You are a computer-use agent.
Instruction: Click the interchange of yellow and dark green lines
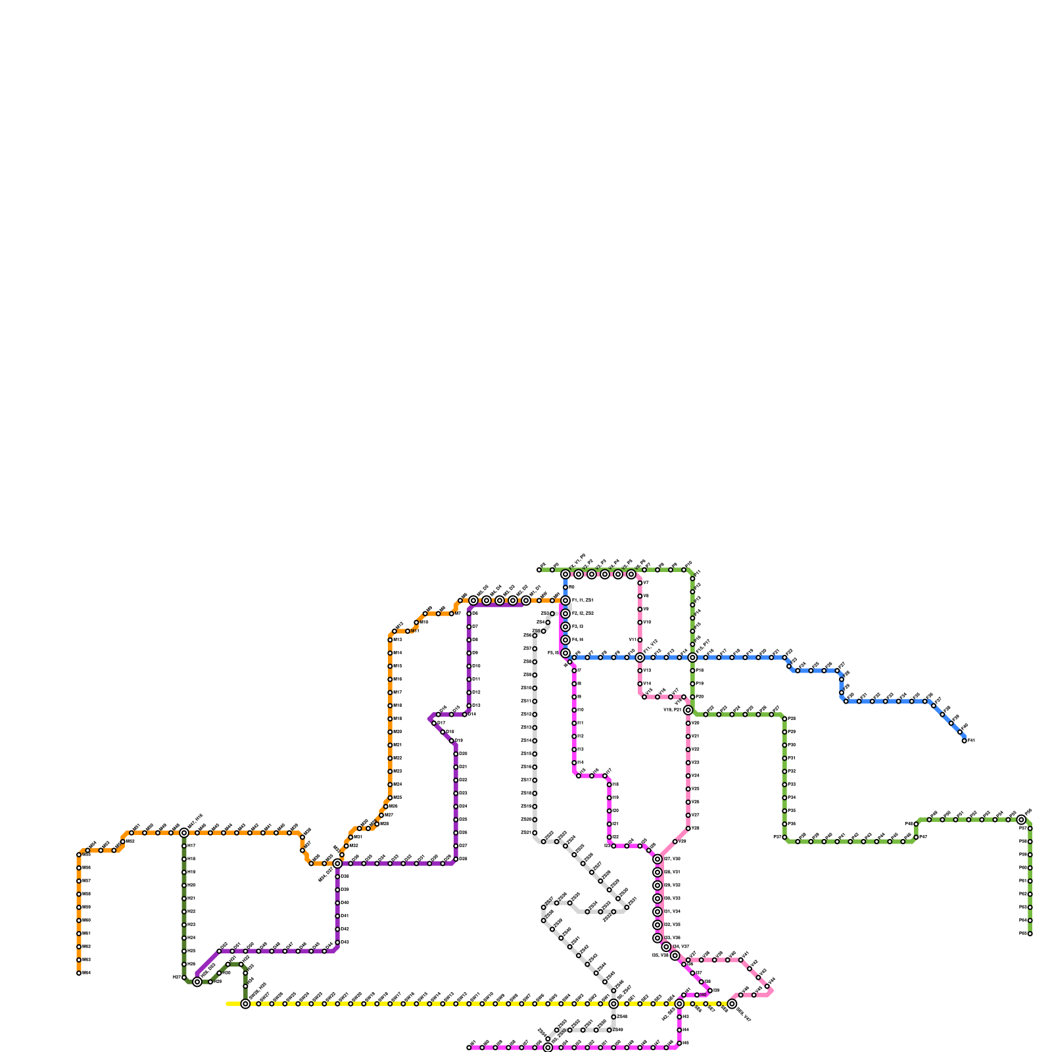[x=245, y=1004]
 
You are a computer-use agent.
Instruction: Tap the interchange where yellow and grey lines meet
[x=613, y=1004]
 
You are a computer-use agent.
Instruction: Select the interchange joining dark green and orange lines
[x=184, y=833]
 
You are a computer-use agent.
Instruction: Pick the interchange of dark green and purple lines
[x=197, y=982]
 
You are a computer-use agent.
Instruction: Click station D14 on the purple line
[x=465, y=715]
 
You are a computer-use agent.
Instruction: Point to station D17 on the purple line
[x=434, y=723]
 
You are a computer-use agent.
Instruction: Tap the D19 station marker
[x=452, y=741]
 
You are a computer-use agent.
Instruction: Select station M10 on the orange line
[x=416, y=623]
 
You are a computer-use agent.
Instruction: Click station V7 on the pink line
[x=640, y=583]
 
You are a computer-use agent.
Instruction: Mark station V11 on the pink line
[x=640, y=640]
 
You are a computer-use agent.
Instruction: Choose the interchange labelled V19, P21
[x=688, y=710]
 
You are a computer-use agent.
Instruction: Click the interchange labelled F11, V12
[x=640, y=657]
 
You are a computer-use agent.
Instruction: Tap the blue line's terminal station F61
[x=965, y=741]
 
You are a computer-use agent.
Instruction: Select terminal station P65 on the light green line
[x=1030, y=934]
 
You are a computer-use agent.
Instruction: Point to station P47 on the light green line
[x=916, y=838]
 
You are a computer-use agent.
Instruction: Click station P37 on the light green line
[x=784, y=838]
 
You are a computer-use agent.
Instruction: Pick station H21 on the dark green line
[x=184, y=899]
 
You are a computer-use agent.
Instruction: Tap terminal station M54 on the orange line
[x=79, y=973]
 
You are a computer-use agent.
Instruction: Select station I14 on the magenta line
[x=574, y=763]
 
